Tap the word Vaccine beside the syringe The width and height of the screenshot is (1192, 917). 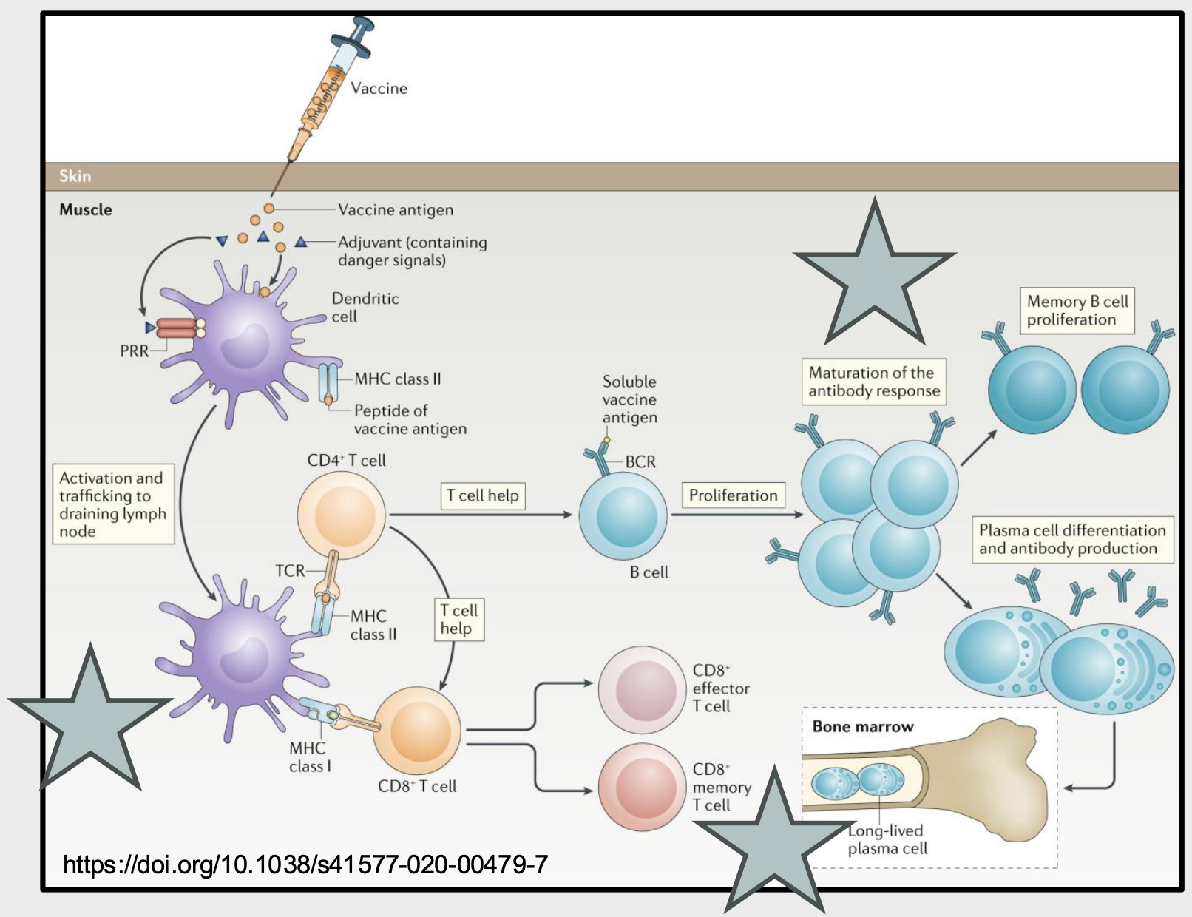click(x=379, y=89)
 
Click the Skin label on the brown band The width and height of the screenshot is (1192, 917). click(x=75, y=176)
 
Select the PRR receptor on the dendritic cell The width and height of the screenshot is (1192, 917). click(x=176, y=328)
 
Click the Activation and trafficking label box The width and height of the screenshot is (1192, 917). click(x=113, y=504)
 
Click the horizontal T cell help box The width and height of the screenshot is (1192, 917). click(x=483, y=495)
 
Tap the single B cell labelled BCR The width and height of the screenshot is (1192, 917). click(x=623, y=516)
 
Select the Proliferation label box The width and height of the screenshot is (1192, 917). click(x=733, y=495)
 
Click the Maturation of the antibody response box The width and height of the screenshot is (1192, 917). click(x=873, y=382)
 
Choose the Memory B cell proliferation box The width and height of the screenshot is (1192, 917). click(x=1077, y=311)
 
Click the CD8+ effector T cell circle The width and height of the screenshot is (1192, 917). click(x=641, y=688)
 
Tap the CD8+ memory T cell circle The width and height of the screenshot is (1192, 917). click(x=641, y=788)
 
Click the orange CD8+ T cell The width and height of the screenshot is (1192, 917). click(x=417, y=731)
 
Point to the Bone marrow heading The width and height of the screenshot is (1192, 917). click(x=862, y=726)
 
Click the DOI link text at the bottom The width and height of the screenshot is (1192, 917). click(x=305, y=864)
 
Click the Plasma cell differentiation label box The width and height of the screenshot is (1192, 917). click(x=1071, y=539)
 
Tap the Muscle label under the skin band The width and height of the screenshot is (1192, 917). click(x=86, y=209)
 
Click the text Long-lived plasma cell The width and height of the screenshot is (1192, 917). click(x=887, y=839)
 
